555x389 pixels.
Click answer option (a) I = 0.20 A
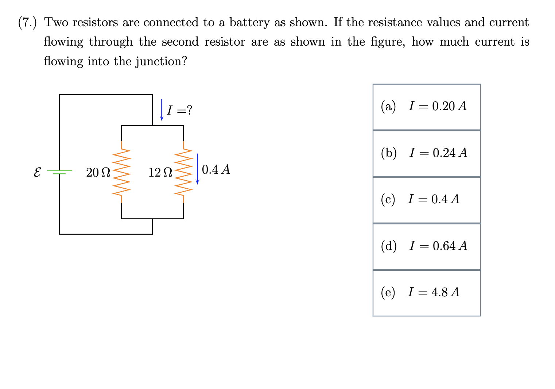tap(426, 107)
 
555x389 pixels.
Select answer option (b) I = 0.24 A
tap(426, 153)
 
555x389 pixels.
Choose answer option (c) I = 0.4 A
tap(426, 200)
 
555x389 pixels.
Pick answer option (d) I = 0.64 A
tap(426, 246)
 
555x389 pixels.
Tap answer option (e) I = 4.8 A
tap(426, 293)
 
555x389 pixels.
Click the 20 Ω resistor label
tap(98, 172)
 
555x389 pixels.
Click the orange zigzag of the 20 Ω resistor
tap(121, 172)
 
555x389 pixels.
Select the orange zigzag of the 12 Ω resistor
tap(183, 172)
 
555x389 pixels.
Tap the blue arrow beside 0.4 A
tap(197, 169)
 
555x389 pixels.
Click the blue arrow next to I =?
tap(162, 110)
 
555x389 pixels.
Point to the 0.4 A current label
tap(216, 170)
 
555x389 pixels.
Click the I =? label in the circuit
tap(179, 110)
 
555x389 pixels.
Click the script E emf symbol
tap(37, 172)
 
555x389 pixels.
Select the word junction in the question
tap(160, 61)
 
